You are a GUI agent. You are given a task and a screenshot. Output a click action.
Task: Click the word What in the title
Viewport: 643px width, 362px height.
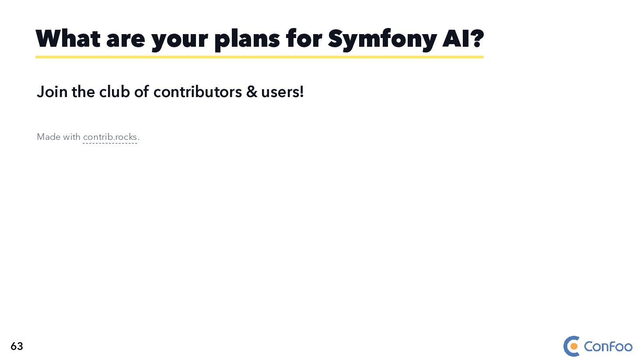(x=68, y=39)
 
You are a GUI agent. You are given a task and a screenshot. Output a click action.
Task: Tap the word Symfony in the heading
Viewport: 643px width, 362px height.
(x=382, y=39)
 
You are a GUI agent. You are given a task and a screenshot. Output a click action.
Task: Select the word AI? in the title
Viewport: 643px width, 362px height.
(x=463, y=39)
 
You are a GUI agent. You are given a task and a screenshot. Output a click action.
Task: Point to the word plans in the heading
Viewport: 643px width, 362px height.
(x=247, y=39)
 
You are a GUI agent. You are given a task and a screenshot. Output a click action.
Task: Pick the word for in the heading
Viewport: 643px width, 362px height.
(x=304, y=39)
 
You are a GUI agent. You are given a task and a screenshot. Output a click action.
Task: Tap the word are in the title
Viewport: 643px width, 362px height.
(x=126, y=40)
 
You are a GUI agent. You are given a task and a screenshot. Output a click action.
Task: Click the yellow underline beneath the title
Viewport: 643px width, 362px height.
(x=259, y=57)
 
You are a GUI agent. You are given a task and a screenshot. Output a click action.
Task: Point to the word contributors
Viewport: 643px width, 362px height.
(x=197, y=92)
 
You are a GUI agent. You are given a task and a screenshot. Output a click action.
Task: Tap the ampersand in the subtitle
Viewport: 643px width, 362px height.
(x=252, y=92)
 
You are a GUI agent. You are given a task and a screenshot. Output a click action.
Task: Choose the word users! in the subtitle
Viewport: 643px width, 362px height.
(x=282, y=92)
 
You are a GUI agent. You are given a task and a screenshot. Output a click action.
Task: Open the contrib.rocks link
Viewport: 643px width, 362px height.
(x=110, y=137)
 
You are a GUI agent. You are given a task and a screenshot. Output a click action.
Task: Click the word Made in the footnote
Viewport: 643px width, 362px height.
(x=49, y=137)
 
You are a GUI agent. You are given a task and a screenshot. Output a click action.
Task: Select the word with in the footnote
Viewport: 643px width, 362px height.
(x=71, y=137)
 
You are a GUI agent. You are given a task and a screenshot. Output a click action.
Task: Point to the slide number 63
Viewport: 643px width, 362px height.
(x=17, y=346)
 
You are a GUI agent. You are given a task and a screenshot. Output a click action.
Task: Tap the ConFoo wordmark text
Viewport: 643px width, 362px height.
(x=608, y=347)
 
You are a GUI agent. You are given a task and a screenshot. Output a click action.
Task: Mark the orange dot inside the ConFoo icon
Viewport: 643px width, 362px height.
(x=574, y=347)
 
